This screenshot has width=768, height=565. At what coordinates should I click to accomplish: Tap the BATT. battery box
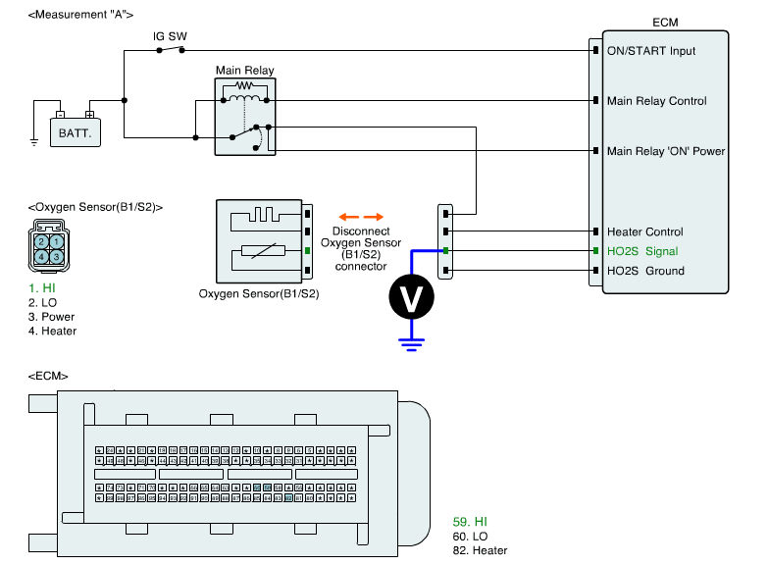pos(76,131)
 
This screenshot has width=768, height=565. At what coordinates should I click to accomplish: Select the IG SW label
pos(170,36)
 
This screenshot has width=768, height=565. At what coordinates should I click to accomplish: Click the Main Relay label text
pos(244,71)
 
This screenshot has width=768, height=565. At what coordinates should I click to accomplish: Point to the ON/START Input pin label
pos(651,50)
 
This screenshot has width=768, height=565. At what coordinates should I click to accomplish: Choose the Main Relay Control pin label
pos(656,101)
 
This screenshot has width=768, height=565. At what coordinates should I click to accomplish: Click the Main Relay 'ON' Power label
pos(666,151)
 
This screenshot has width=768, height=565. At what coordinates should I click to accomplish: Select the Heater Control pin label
pos(644,232)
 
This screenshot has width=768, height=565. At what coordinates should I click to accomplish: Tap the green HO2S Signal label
pos(642,251)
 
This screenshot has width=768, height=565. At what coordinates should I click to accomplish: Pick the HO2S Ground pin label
pos(645,271)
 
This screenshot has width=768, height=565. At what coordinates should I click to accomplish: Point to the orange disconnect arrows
pos(360,217)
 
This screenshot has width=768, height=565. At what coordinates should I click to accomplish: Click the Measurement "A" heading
pos(81,15)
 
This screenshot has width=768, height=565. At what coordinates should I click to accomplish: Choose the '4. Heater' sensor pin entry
pos(52,332)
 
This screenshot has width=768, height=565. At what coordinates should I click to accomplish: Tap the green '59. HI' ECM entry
pos(470,522)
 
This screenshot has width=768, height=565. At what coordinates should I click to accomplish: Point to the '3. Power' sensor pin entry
pos(51,317)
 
